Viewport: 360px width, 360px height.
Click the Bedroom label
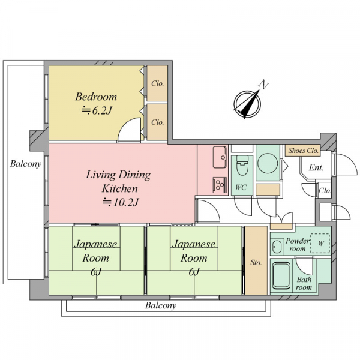(x=96, y=97)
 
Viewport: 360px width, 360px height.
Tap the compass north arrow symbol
(x=247, y=104)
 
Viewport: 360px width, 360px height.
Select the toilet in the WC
(x=242, y=165)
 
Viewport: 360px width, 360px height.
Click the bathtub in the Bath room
(x=281, y=275)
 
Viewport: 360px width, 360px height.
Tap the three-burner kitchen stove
(x=220, y=185)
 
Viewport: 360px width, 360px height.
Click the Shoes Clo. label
(x=303, y=151)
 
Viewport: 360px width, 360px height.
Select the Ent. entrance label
(x=316, y=167)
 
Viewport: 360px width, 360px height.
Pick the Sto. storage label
(x=256, y=262)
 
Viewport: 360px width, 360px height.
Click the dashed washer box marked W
(x=320, y=244)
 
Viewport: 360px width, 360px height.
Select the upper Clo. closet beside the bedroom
(x=157, y=83)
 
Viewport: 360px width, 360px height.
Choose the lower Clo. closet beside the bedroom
(x=157, y=122)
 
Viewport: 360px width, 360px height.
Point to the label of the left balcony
(x=25, y=164)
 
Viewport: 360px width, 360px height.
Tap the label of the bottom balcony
(x=161, y=305)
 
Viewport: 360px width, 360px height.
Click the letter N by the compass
(x=263, y=85)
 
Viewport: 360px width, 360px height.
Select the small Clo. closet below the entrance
(x=325, y=190)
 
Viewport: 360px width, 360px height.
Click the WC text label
(x=241, y=187)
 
